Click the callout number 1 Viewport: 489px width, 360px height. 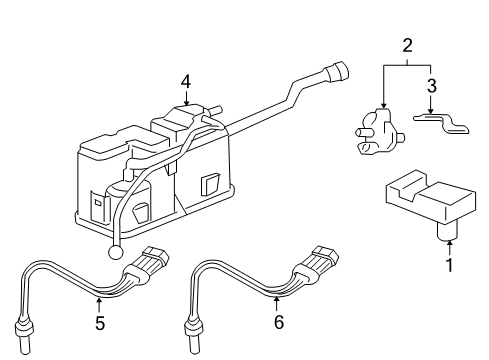tap(450, 265)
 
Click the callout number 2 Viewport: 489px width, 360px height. tap(407, 45)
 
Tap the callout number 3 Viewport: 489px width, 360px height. tap(432, 86)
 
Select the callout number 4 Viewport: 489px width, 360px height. tap(186, 81)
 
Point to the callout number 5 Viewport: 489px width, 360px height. tap(100, 324)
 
